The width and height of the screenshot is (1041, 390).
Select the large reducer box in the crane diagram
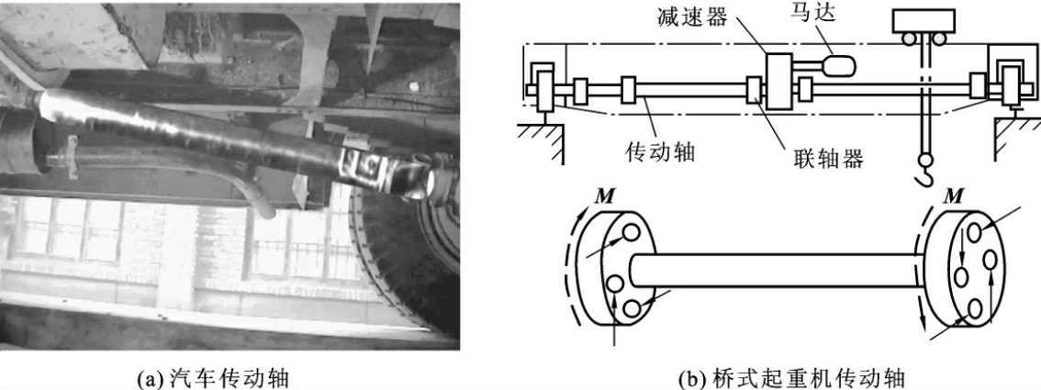point(780,81)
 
